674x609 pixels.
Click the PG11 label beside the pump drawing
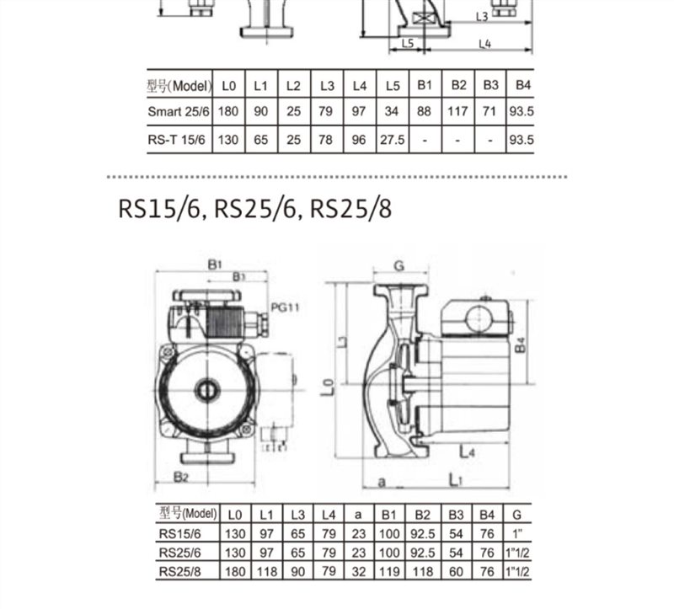click(x=285, y=307)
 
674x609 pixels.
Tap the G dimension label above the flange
click(x=399, y=266)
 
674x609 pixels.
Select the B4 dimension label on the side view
click(x=520, y=345)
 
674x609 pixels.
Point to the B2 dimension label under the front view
click(x=181, y=477)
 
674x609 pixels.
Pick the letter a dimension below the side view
click(x=382, y=482)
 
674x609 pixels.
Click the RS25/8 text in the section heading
click(x=350, y=209)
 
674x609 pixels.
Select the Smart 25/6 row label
click(x=179, y=112)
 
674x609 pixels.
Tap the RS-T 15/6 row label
click(x=176, y=140)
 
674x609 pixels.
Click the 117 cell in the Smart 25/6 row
click(x=457, y=112)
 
